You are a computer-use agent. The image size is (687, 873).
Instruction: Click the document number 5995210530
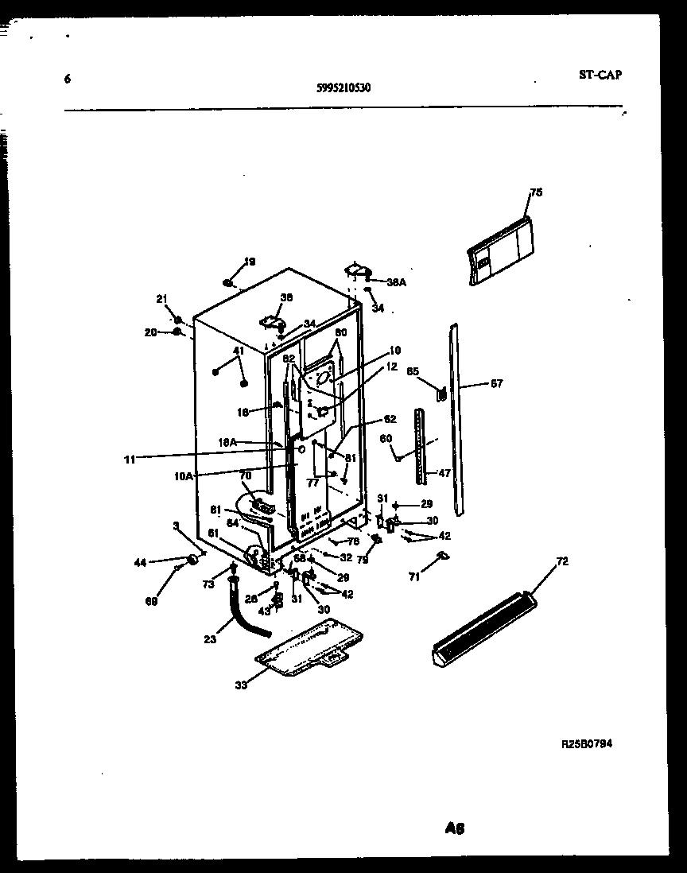coord(343,88)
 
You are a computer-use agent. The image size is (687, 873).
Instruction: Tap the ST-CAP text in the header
coord(601,75)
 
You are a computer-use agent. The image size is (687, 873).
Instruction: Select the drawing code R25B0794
coord(586,744)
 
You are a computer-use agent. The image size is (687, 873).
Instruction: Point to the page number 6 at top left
coord(68,79)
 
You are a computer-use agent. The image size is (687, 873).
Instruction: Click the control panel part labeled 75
coord(501,254)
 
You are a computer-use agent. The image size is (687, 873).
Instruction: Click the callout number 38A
coord(396,281)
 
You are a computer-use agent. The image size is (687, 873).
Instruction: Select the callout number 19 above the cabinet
coord(249,262)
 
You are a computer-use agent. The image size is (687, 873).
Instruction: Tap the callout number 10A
coord(184,475)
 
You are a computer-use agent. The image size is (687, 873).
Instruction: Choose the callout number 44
coord(141,562)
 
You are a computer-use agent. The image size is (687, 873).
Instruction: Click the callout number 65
coord(413,371)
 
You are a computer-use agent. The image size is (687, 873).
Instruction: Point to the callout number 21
coord(162,299)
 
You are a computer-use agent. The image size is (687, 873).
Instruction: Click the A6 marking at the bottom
coord(455,828)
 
